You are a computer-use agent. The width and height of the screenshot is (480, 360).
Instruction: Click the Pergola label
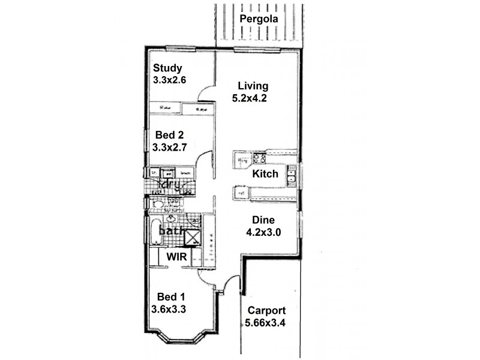tap(260, 19)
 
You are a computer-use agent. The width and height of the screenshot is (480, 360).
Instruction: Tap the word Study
tap(167, 67)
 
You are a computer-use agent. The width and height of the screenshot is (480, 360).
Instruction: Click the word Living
tap(253, 85)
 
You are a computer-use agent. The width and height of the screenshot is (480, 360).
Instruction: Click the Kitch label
tap(265, 174)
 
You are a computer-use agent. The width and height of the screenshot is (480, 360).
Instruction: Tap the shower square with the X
tap(193, 238)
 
